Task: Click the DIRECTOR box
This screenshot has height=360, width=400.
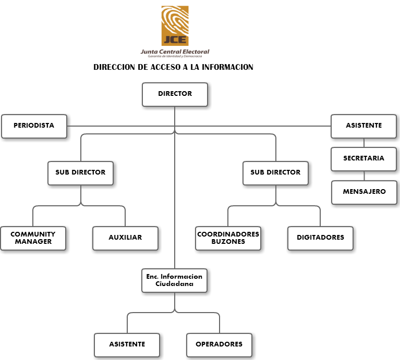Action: pos(175,94)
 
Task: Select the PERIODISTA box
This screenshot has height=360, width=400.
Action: pos(34,126)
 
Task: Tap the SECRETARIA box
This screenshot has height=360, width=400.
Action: pos(363,158)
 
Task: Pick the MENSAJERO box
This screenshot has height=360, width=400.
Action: pos(364,192)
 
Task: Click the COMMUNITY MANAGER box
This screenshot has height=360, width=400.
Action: pos(33,238)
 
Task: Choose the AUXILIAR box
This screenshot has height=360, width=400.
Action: pos(125,238)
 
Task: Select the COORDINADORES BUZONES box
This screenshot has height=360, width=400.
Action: pos(228,238)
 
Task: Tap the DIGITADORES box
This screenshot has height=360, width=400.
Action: pos(320,238)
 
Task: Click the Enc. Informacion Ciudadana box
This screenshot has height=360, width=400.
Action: pos(174,280)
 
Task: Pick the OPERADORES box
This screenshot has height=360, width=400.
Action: pos(219,344)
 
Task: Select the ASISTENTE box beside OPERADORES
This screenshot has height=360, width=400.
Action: pos(127,344)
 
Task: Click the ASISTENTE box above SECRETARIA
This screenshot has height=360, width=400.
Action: pos(363,126)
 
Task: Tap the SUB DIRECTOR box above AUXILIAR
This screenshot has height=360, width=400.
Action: pos(80,172)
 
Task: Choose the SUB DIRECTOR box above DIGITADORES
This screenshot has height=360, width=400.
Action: pos(275,172)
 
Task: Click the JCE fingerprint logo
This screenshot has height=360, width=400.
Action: pos(175,26)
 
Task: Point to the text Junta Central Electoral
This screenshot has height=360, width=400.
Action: pos(175,52)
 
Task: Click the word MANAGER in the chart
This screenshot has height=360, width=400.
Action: pos(33,242)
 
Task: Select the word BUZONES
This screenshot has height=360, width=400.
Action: pos(228,242)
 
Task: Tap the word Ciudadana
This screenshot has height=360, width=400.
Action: pos(174,284)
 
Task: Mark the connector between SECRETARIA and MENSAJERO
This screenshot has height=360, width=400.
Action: pos(364,176)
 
